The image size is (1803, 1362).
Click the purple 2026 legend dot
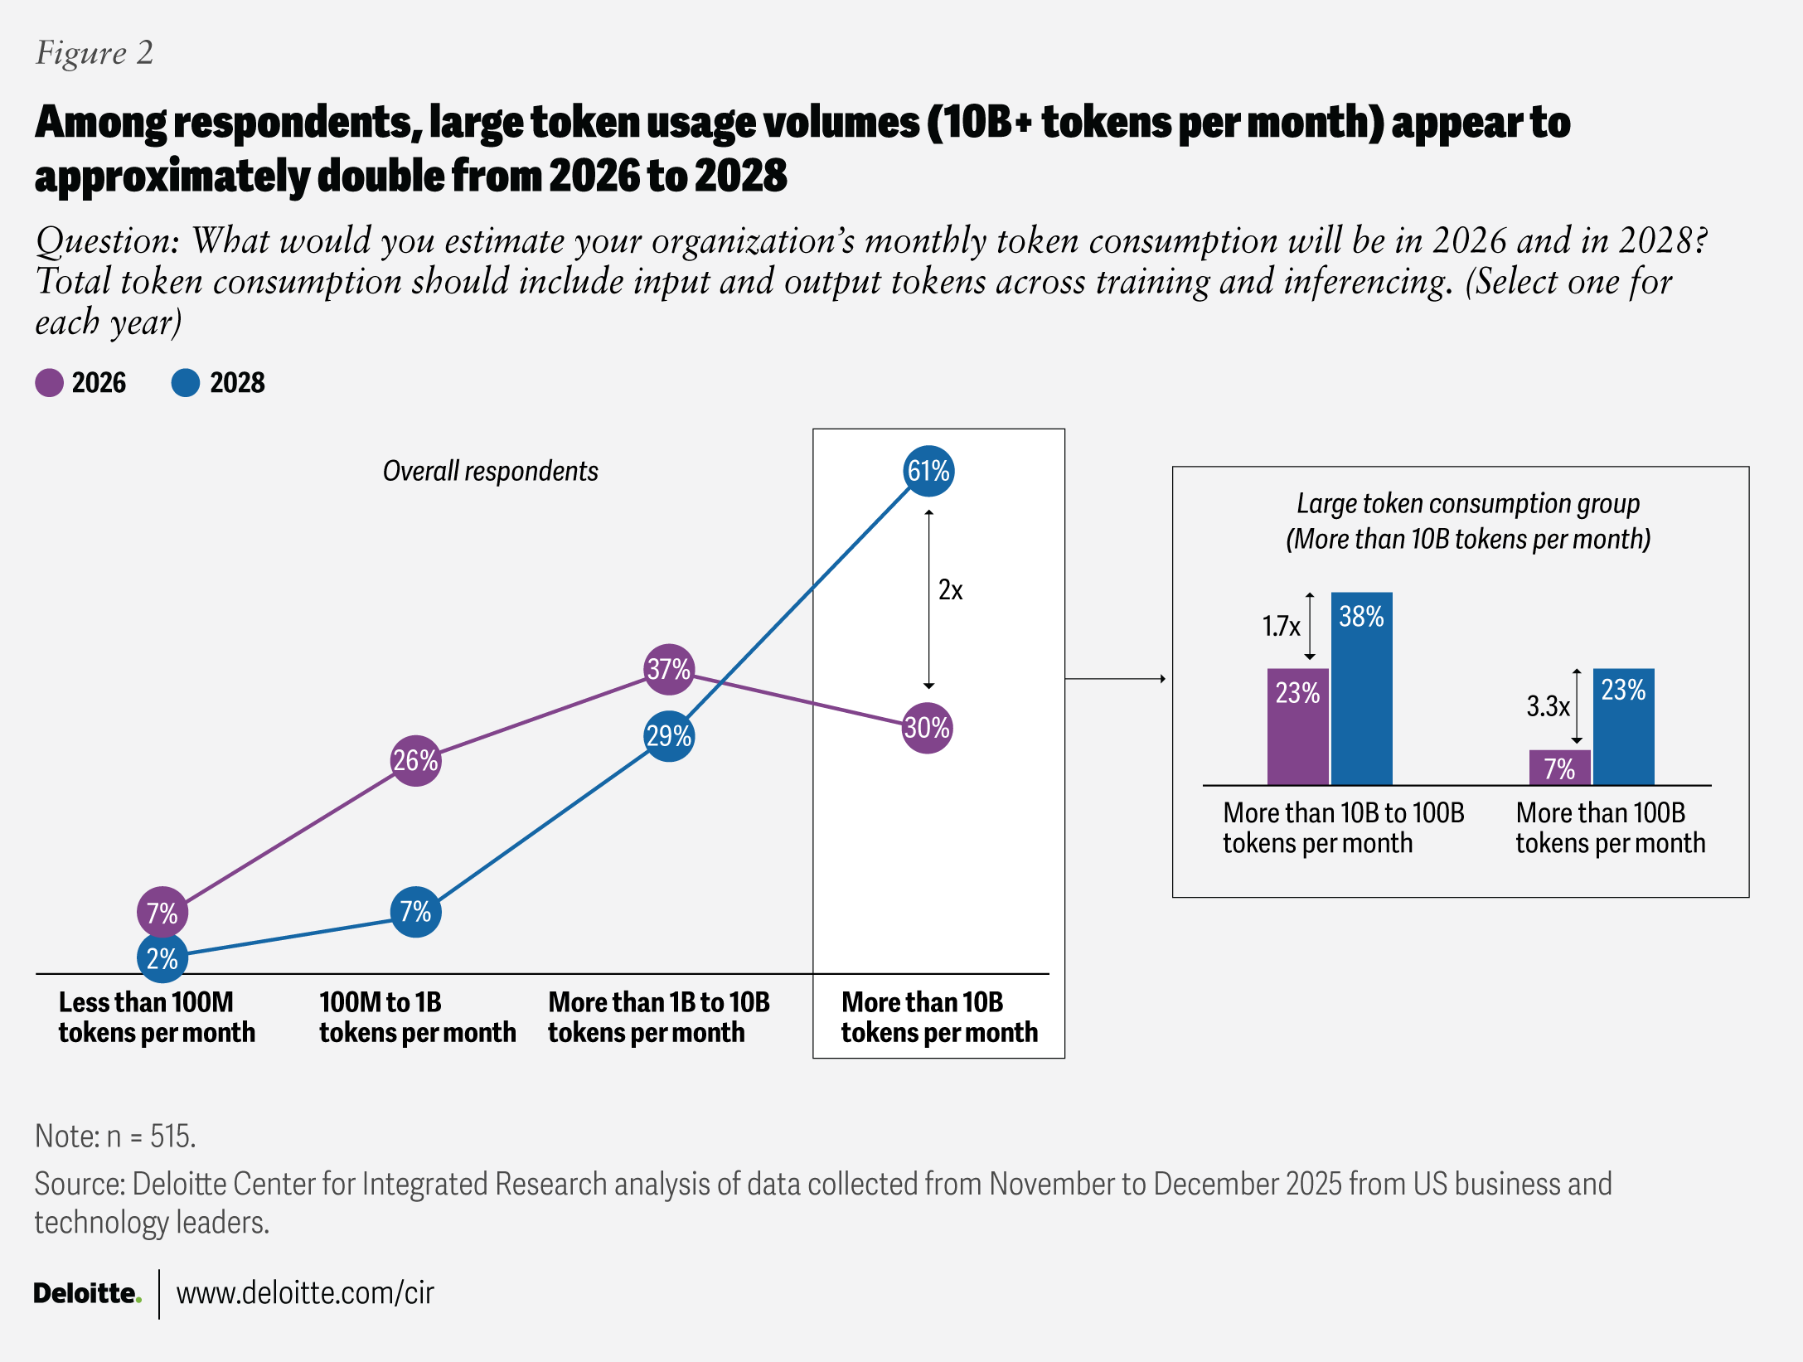[x=49, y=383]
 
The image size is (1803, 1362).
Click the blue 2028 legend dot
[x=186, y=383]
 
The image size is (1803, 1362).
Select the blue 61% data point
[x=928, y=471]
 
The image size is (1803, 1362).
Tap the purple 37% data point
[x=669, y=669]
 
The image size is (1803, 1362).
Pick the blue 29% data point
[x=669, y=736]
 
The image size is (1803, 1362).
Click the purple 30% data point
[x=927, y=728]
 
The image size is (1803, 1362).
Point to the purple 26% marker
[x=415, y=760]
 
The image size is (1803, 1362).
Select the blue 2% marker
[x=162, y=958]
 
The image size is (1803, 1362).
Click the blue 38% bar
[x=1361, y=688]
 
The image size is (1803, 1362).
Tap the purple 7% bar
[x=1559, y=768]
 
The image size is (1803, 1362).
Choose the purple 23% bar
[x=1297, y=726]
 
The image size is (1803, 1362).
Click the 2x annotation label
[x=950, y=590]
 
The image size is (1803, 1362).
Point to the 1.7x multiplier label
[x=1281, y=626]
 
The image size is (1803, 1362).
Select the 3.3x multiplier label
[x=1548, y=706]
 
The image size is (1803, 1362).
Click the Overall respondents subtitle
[x=490, y=471]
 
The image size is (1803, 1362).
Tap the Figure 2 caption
[x=95, y=53]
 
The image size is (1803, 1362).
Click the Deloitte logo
[x=87, y=1293]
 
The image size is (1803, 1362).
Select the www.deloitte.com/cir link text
[x=305, y=1293]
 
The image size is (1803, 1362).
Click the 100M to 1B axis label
[x=417, y=1017]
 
